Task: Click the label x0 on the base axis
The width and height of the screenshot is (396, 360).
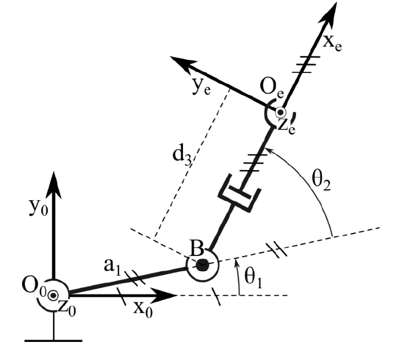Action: (143, 309)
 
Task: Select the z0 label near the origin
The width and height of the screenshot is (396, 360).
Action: (67, 308)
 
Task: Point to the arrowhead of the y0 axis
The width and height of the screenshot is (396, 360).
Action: (54, 185)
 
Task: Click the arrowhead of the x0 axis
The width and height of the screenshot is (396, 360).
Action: (164, 295)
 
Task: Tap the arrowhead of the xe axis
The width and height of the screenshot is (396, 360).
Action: (329, 15)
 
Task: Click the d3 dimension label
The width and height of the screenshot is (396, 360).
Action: (182, 156)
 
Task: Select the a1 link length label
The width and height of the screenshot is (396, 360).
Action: (112, 267)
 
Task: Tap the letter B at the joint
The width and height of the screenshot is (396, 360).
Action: (197, 249)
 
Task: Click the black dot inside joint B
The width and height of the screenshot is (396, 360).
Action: (203, 265)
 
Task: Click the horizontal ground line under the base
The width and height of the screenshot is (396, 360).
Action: (54, 341)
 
